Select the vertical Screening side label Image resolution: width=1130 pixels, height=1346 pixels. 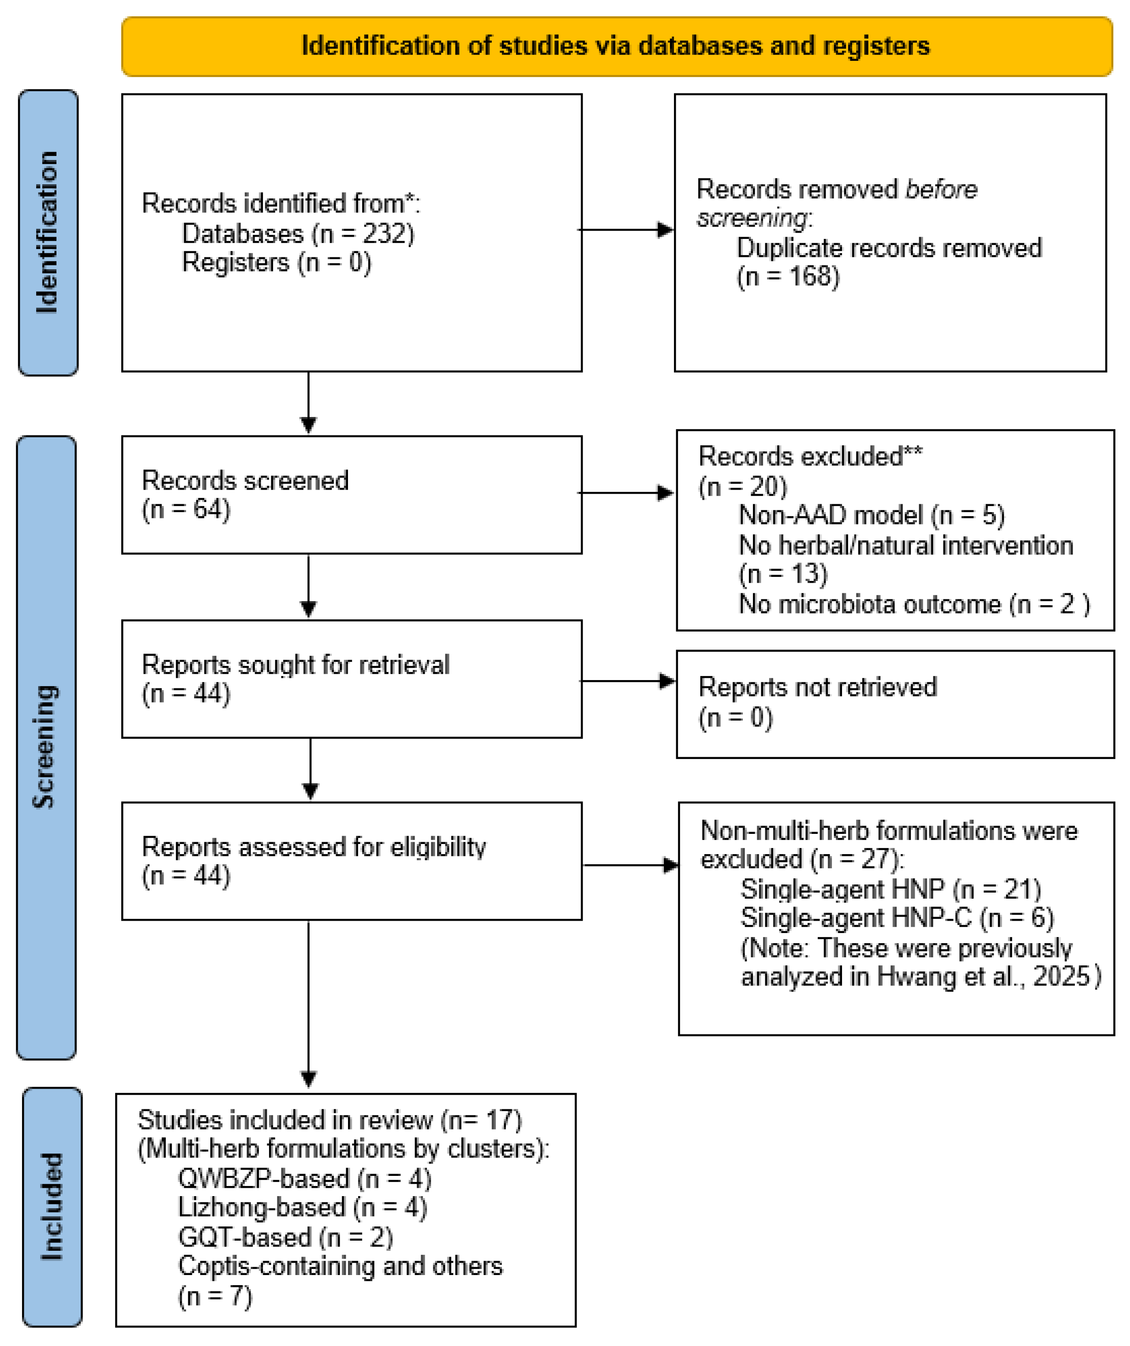[45, 747]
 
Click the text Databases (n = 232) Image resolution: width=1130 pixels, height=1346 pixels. [298, 233]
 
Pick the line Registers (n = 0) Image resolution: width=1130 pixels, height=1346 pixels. [277, 262]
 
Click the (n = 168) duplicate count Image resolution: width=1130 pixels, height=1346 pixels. [788, 276]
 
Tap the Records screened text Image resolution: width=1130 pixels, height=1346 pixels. [245, 480]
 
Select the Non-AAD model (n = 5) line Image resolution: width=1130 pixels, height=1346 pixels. [872, 515]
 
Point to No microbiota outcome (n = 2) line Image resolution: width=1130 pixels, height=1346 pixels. [914, 604]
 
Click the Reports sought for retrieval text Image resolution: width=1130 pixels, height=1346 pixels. [296, 665]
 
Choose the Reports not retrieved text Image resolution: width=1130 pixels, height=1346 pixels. [818, 687]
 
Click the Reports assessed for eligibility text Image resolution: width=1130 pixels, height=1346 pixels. [314, 847]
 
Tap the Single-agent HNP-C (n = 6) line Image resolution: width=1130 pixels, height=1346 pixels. [897, 918]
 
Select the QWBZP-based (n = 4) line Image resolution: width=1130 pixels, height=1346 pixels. [305, 1178]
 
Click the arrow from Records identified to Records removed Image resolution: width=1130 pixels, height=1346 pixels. [626, 230]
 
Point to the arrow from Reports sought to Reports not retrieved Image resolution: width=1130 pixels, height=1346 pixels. [627, 680]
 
